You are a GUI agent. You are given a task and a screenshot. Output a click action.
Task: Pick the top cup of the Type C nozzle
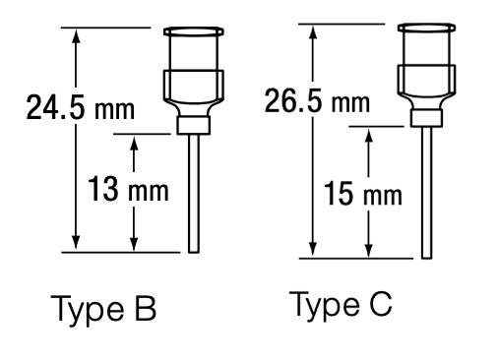point(426,47)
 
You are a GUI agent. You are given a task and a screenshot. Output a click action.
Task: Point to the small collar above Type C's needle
point(425,119)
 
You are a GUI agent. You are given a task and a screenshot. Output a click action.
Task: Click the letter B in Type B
point(146,311)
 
